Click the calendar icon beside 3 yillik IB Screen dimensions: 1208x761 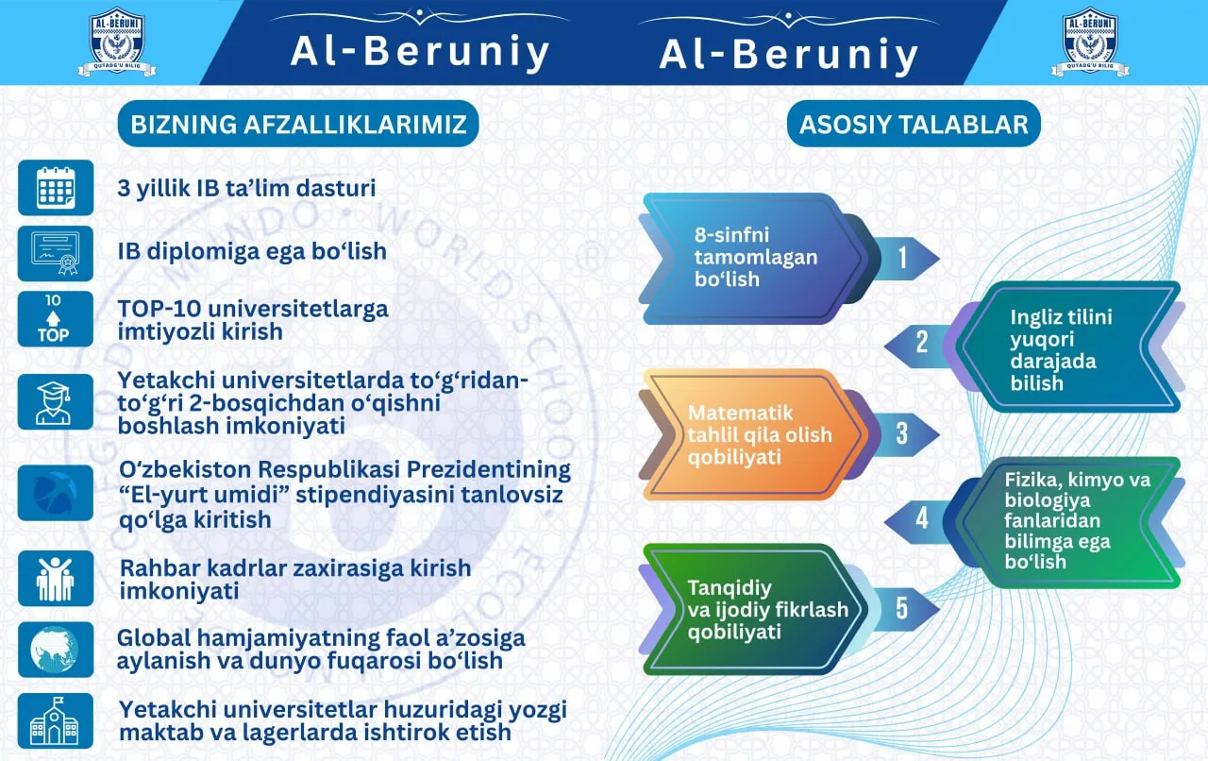(56, 187)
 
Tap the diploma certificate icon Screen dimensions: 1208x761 (56, 253)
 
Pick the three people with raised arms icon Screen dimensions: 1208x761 (56, 579)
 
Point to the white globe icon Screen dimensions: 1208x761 (56, 650)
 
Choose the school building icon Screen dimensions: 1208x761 (56, 721)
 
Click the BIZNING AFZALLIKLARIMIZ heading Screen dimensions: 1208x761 (298, 124)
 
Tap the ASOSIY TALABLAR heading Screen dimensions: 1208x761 (914, 124)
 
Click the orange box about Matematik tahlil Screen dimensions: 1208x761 (755, 434)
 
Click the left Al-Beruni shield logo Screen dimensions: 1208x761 (117, 41)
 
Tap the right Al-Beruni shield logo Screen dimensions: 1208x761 (1090, 41)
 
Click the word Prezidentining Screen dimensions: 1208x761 (489, 470)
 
